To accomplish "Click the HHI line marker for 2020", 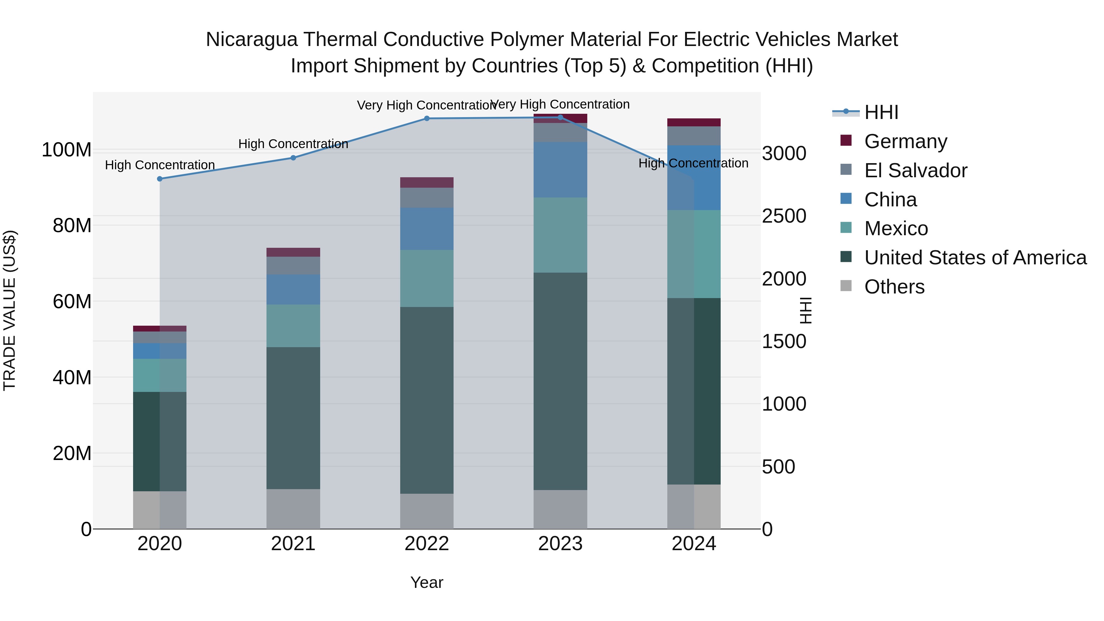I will (160, 179).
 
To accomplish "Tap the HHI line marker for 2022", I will (427, 118).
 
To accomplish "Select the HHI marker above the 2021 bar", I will (293, 158).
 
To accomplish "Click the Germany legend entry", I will (905, 141).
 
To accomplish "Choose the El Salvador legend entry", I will (915, 171).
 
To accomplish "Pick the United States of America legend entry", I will (975, 258).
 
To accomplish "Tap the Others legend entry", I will (894, 287).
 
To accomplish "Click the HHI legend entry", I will (881, 112).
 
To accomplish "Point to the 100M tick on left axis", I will (67, 150).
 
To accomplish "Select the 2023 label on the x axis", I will (560, 544).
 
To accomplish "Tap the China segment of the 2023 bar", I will (560, 169).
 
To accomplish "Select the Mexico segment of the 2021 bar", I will (293, 326).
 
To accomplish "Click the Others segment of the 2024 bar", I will (694, 507).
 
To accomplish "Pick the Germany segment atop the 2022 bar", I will (427, 182).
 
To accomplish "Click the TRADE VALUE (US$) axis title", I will (10, 310).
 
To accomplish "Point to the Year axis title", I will (427, 582).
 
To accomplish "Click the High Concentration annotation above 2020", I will (160, 165).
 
